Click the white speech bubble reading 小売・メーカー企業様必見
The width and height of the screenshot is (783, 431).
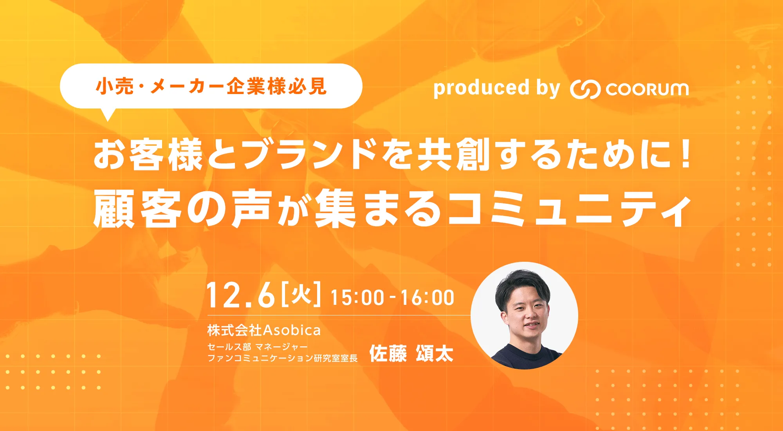pyautogui.click(x=211, y=86)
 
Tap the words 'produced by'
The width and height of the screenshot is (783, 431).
pyautogui.click(x=497, y=88)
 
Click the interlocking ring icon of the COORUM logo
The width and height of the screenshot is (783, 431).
pyautogui.click(x=585, y=89)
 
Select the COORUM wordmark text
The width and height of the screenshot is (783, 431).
pyautogui.click(x=647, y=89)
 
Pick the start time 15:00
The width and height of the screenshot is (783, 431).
pyautogui.click(x=357, y=297)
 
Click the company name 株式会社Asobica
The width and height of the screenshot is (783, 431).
pyautogui.click(x=264, y=330)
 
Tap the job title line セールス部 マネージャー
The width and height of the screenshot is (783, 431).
pyautogui.click(x=258, y=347)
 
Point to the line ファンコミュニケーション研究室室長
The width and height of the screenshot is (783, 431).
pyautogui.click(x=282, y=358)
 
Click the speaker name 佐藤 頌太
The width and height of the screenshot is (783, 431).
pyautogui.click(x=411, y=354)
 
